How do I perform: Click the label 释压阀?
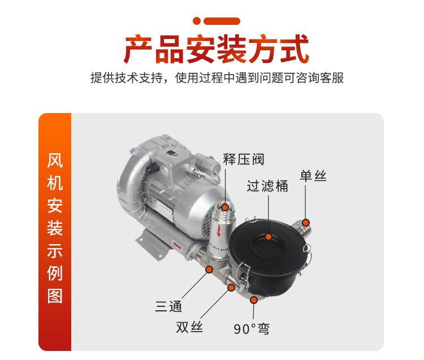click(243, 159)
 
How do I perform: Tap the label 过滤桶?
click(267, 186)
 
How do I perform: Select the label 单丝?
click(313, 176)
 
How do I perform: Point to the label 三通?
click(168, 306)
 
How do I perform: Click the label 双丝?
click(189, 327)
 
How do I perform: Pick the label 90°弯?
click(252, 329)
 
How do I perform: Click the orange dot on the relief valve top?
click(225, 207)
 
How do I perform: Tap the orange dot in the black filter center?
click(268, 237)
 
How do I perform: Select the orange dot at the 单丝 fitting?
click(306, 223)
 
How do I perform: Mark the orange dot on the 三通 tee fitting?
click(209, 269)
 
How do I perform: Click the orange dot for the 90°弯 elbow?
click(254, 300)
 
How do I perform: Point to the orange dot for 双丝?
click(231, 288)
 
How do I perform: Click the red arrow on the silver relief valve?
click(219, 231)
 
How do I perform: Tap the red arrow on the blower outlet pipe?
click(177, 245)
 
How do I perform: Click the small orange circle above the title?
click(197, 21)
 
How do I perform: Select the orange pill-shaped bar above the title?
click(222, 21)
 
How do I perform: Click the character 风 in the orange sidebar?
click(55, 161)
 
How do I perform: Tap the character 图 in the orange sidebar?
click(55, 296)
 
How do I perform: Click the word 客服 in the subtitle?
click(331, 78)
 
